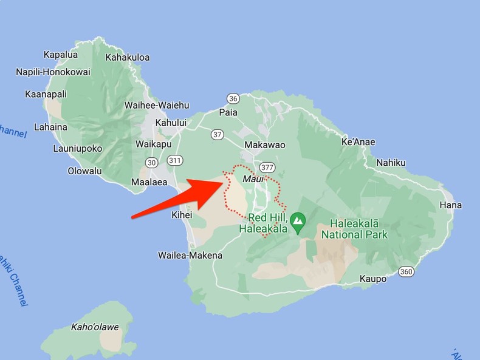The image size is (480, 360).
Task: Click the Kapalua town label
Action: coord(61,55)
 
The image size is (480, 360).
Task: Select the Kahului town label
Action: coord(171,123)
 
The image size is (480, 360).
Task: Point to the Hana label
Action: coord(451,205)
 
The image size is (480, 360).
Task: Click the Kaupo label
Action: coord(373,279)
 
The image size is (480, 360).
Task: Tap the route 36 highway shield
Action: coord(233,98)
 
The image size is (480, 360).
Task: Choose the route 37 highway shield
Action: coord(218,134)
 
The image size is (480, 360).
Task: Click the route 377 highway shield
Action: coord(267,167)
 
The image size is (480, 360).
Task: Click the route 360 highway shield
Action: coord(406,271)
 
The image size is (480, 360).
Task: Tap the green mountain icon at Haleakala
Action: coord(298,223)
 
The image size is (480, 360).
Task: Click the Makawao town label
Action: coord(264,145)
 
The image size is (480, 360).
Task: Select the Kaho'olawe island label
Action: coord(95,327)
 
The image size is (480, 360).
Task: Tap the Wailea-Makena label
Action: coord(190,256)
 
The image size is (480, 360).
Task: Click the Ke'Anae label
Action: coord(358,142)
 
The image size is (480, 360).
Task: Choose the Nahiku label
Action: coord(391,163)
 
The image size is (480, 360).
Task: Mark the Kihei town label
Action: coord(182,215)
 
